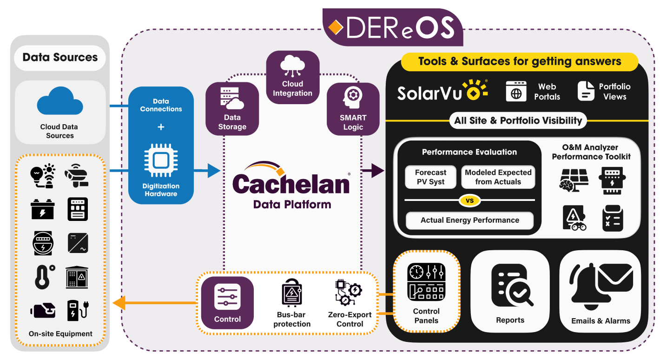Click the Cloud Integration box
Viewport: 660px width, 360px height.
coord(292,77)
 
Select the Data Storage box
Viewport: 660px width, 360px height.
coord(232,109)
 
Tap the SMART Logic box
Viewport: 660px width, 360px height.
coord(353,109)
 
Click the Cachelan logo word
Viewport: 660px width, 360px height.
coord(291,183)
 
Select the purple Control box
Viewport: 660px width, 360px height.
coord(227,303)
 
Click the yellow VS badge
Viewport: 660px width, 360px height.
coord(469,200)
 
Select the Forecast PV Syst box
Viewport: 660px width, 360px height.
coord(430,177)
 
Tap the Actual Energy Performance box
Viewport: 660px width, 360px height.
coord(469,220)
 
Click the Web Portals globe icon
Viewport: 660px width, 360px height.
coord(516,92)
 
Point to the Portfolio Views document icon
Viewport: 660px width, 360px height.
coord(586,91)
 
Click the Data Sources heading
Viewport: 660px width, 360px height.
coord(60,58)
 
